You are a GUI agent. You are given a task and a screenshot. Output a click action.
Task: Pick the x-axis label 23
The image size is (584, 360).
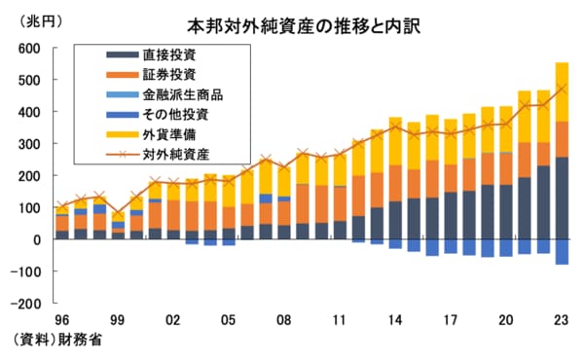click(x=561, y=318)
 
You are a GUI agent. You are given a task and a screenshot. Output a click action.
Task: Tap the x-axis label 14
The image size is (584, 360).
click(x=395, y=318)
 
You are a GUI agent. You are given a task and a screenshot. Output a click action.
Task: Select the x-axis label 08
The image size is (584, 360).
click(x=284, y=318)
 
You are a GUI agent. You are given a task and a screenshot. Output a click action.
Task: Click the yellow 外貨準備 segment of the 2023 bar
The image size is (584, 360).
click(x=562, y=91)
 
